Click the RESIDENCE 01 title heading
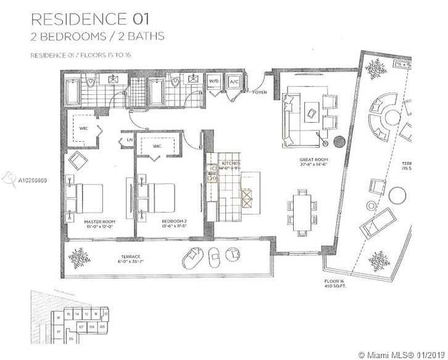click(x=84, y=17)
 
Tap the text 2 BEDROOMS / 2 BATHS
click(x=97, y=36)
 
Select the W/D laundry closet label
click(x=215, y=81)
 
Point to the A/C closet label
click(x=233, y=81)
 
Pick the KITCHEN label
click(x=231, y=163)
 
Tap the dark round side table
click(x=339, y=142)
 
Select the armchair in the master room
click(x=79, y=162)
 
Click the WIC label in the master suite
click(x=83, y=128)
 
